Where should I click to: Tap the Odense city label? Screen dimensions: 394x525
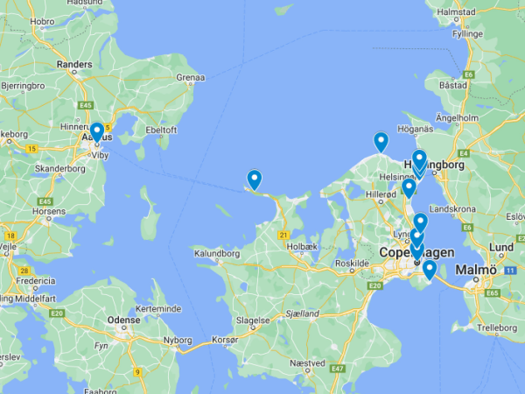coord(123,320)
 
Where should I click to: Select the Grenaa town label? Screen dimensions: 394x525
coord(190,78)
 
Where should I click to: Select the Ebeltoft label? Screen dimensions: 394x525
coord(161,130)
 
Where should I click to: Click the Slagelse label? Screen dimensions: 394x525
coord(252,320)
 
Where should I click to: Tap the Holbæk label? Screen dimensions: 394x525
coord(300,247)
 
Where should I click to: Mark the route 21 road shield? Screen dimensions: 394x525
coord(283,235)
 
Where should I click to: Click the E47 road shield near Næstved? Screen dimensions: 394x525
coord(336,369)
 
